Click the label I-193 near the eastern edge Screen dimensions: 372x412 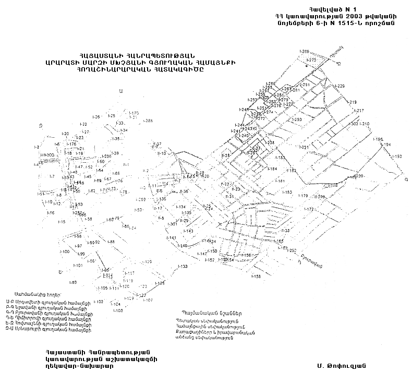pyautogui.click(x=397, y=157)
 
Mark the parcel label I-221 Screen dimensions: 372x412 pyautogui.click(x=305, y=148)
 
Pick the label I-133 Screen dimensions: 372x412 pyautogui.click(x=183, y=267)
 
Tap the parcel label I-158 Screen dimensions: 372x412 pyautogui.click(x=256, y=277)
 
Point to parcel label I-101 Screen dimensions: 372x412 pyautogui.click(x=78, y=266)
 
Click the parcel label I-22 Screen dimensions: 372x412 pyautogui.click(x=83, y=125)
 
